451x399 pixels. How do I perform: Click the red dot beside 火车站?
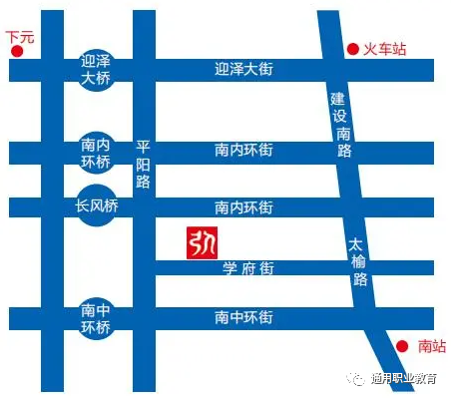pos(351,48)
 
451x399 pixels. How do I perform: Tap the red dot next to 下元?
pos(16,56)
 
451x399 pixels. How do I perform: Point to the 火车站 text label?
pos(384,48)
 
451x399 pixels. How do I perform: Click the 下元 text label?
pos(19,37)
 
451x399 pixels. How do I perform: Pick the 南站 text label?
pos(431,346)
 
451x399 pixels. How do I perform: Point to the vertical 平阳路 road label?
pos(142,165)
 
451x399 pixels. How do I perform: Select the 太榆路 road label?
pos(359,261)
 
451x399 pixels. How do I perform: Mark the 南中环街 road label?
pos(243,318)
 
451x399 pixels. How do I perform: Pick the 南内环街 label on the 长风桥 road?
pos(243,207)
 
